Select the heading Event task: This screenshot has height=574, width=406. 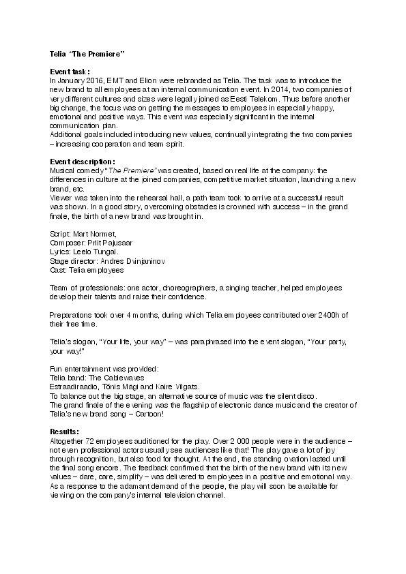point(70,72)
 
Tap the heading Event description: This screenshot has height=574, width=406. point(81,160)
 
